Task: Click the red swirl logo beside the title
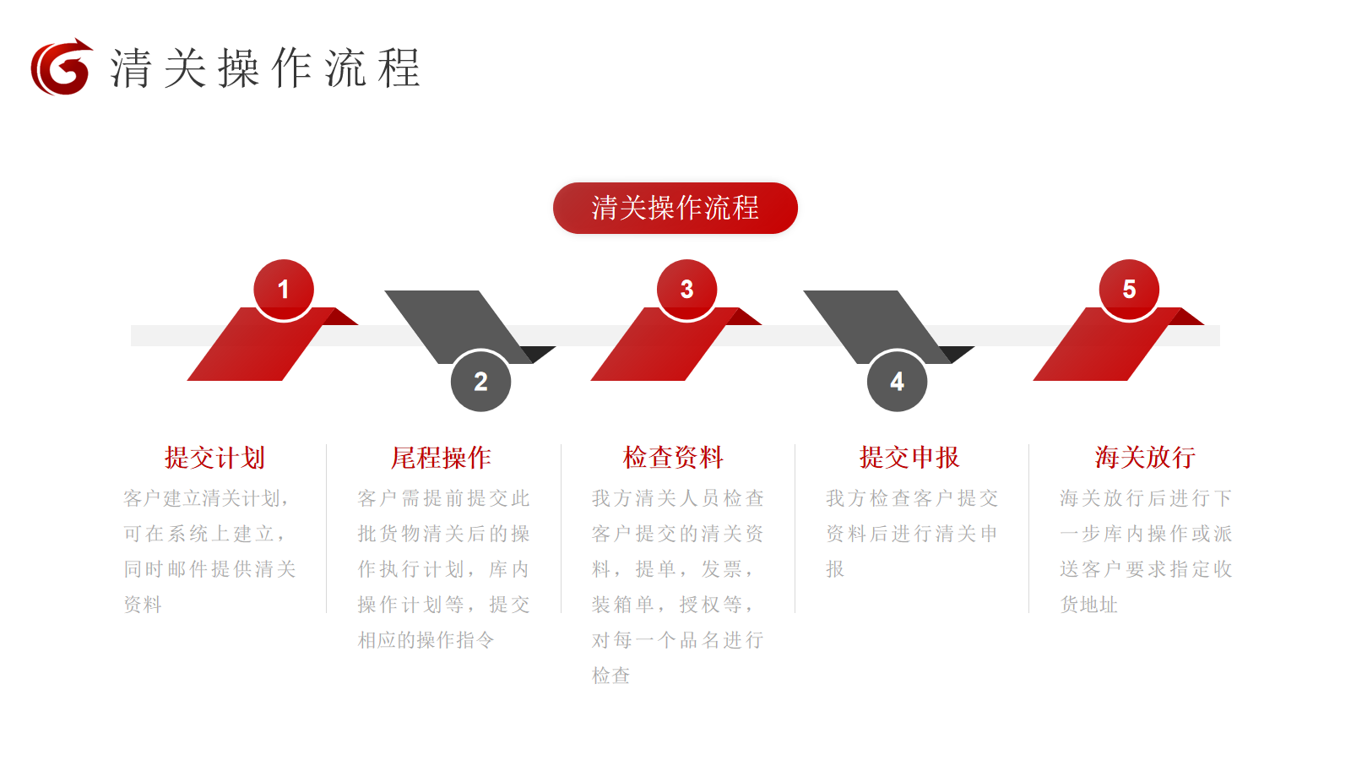(62, 67)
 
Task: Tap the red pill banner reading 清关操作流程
(675, 208)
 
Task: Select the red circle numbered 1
(284, 290)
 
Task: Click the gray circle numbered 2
(480, 381)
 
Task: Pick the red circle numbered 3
(687, 290)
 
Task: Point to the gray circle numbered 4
(897, 381)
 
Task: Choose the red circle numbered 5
(1129, 290)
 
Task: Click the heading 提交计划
(214, 457)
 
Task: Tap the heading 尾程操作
(441, 457)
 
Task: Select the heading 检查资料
(673, 457)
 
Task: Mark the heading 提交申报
(909, 457)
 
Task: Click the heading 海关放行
(1145, 457)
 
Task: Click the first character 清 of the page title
(130, 68)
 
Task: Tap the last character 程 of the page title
(399, 68)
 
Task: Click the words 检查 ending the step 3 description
(611, 675)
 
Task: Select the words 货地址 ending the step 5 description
(1088, 605)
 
